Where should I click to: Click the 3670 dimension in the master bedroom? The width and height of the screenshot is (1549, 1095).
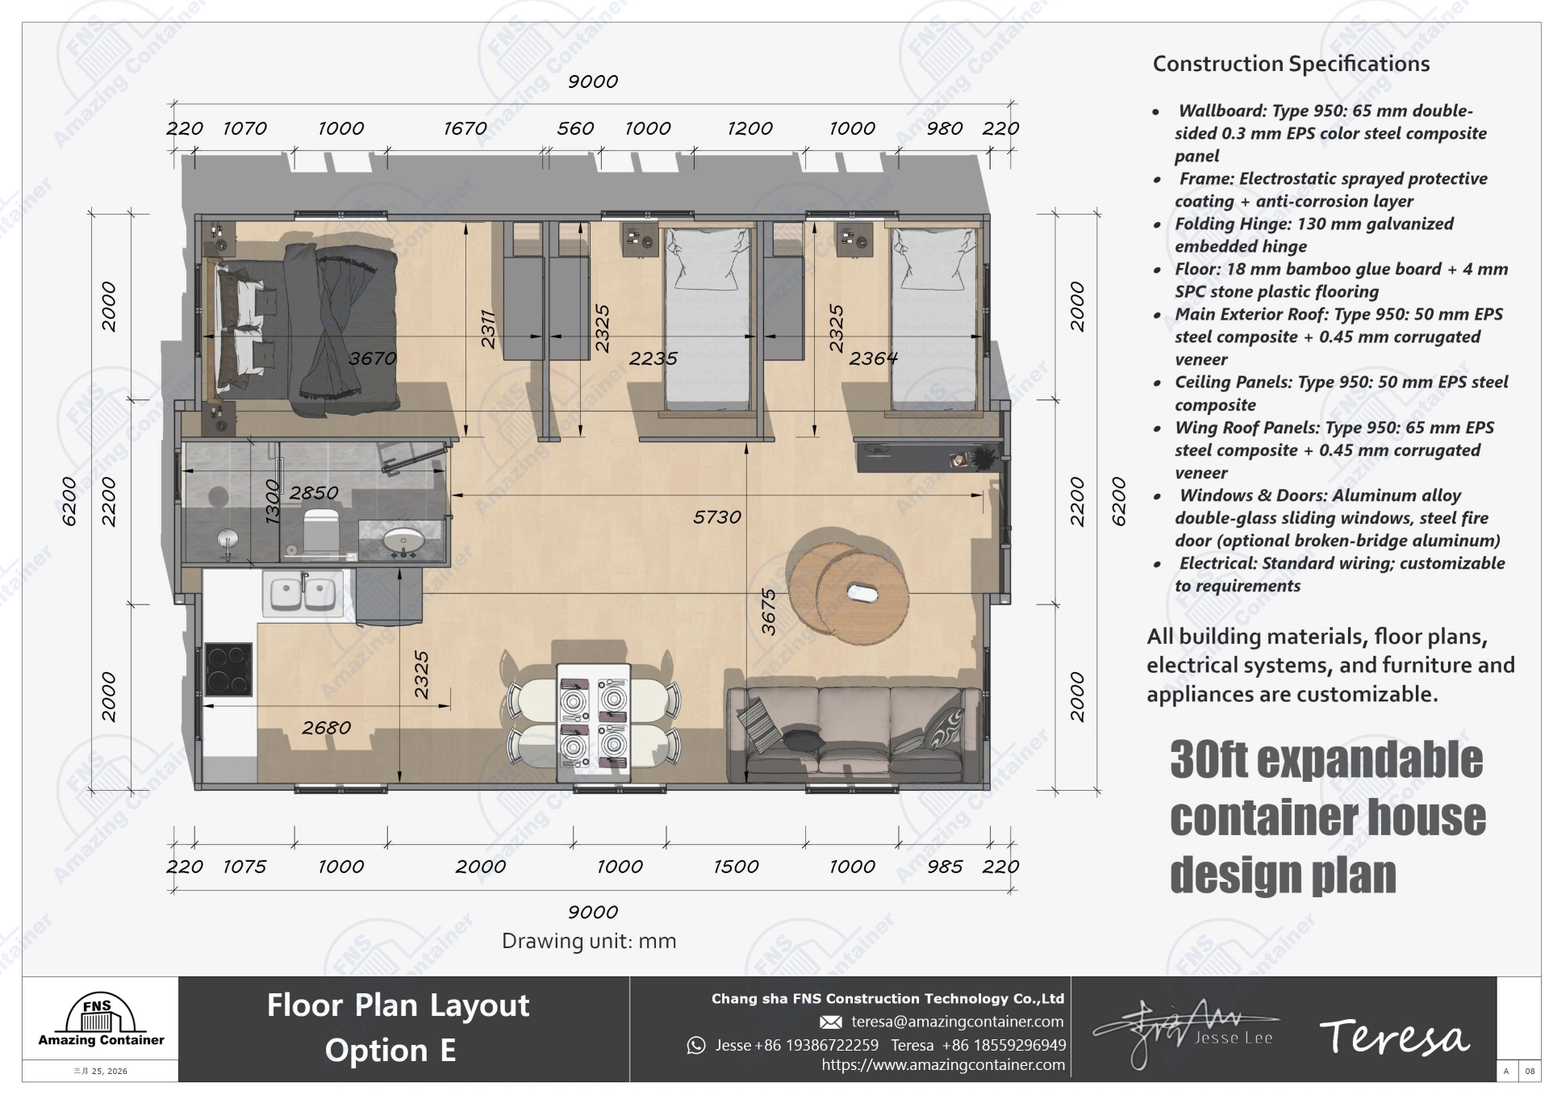[372, 358]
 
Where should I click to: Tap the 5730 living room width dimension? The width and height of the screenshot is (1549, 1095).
[716, 517]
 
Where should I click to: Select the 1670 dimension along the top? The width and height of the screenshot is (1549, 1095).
[465, 128]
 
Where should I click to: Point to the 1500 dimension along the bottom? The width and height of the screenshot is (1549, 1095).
[735, 867]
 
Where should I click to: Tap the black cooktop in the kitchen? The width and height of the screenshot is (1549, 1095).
[228, 669]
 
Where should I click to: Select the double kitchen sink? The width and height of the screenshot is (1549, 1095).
[303, 594]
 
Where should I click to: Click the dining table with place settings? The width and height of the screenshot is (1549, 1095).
[593, 721]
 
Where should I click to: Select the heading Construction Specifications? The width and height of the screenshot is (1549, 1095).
[1291, 64]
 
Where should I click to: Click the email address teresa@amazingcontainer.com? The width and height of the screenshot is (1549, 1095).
[957, 1022]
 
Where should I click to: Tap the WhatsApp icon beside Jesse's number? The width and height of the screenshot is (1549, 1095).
[695, 1046]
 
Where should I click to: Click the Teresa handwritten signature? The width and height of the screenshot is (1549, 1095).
[1393, 1038]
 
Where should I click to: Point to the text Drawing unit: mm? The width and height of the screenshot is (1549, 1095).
[589, 941]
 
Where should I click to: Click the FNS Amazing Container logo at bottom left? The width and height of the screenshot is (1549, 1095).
[101, 1022]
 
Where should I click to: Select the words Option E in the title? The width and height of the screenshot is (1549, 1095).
[390, 1051]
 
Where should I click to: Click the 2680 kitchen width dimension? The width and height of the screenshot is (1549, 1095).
[326, 728]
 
